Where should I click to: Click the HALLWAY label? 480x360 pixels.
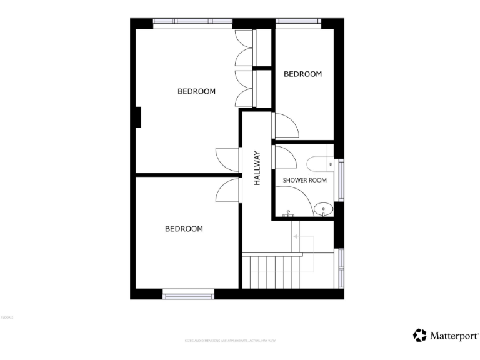[x=256, y=168]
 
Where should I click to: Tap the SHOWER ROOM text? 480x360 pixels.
[x=305, y=180]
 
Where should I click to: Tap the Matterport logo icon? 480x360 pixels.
[x=420, y=336]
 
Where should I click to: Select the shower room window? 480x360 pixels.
[x=341, y=180]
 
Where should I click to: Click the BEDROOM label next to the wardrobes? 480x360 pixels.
[x=196, y=91]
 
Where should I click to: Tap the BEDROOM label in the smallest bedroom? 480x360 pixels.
[x=302, y=74]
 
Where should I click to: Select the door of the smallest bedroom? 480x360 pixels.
[x=285, y=126]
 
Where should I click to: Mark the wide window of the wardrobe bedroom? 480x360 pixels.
[x=192, y=22]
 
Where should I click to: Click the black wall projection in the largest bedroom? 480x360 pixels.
[x=137, y=117]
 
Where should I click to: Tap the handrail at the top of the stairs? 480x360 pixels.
[x=272, y=254]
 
